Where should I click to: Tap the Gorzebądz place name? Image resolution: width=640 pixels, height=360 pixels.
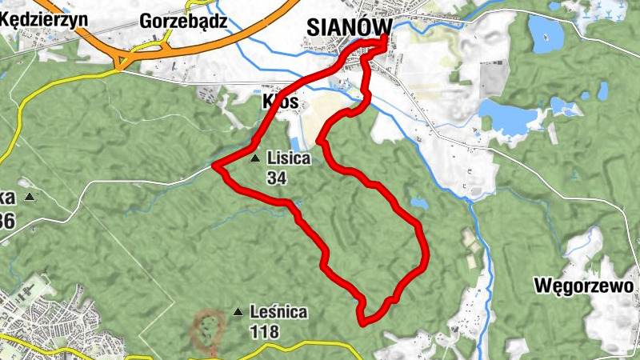click(182, 21)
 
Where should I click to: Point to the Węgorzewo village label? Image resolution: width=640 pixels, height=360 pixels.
click(585, 286)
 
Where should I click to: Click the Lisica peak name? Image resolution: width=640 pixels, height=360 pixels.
click(288, 158)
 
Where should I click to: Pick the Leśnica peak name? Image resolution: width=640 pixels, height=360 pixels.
click(278, 312)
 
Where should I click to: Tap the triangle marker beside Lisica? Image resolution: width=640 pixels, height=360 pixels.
click(255, 158)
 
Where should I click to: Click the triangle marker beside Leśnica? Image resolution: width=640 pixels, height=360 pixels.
click(237, 311)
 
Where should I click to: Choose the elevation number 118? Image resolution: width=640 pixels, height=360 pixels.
click(264, 330)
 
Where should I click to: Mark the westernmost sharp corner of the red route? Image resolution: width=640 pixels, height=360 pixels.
click(215, 166)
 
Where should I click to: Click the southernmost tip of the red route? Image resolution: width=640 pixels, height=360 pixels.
click(363, 323)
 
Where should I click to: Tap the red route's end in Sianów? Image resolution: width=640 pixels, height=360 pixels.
click(385, 38)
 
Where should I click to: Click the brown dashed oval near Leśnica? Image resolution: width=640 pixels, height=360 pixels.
click(208, 330)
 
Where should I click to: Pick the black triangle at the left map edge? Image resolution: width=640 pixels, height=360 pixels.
click(30, 197)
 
